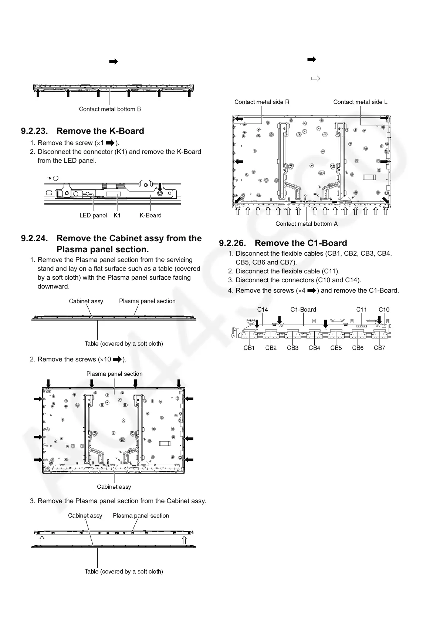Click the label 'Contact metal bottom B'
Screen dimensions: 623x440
tap(110, 109)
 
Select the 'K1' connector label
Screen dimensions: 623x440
tap(117, 215)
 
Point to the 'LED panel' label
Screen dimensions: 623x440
tap(93, 215)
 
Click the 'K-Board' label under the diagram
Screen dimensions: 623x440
tap(150, 215)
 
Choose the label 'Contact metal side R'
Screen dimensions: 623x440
tap(262, 102)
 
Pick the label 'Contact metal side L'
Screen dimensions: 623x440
tap(361, 102)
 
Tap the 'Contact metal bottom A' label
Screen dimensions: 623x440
tap(307, 224)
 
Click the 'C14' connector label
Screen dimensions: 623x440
tap(263, 310)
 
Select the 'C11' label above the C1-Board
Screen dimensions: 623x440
tap(362, 310)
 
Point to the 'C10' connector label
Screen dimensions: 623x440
tap(384, 310)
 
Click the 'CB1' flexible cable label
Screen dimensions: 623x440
tap(249, 348)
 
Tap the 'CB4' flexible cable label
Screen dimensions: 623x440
tap(314, 348)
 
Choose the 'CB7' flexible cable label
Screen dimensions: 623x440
tap(379, 348)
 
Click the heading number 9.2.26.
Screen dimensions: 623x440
tap(233, 243)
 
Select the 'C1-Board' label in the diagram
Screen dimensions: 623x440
tap(303, 310)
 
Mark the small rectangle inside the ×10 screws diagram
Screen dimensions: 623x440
tap(164, 444)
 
